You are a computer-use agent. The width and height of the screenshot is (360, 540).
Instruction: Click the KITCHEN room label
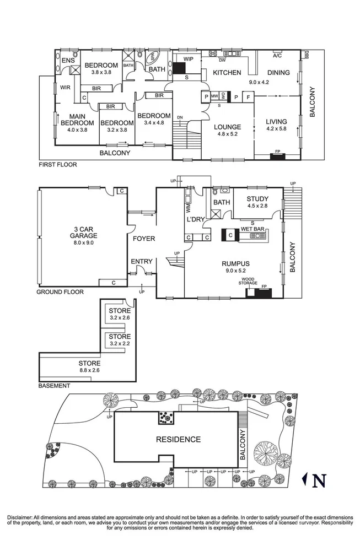(x=227, y=73)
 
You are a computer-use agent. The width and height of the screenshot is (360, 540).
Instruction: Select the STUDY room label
(x=257, y=199)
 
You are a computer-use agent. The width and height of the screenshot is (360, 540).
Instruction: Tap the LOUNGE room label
(x=228, y=127)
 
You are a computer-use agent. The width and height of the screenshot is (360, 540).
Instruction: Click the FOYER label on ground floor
(x=143, y=239)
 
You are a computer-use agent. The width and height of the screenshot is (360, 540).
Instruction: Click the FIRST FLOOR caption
(x=57, y=164)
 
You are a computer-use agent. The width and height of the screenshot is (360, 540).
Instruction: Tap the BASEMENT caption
(x=55, y=386)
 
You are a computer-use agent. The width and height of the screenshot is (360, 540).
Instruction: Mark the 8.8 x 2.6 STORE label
(x=89, y=364)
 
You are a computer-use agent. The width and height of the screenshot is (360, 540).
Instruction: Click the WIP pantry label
(x=188, y=59)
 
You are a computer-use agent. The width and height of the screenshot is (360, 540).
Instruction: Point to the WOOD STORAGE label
(x=248, y=282)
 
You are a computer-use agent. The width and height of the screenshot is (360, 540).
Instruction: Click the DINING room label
(x=278, y=73)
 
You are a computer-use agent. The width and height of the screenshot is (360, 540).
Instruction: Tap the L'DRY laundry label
(x=195, y=219)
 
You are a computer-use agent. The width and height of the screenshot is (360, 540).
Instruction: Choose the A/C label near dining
(x=278, y=56)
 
